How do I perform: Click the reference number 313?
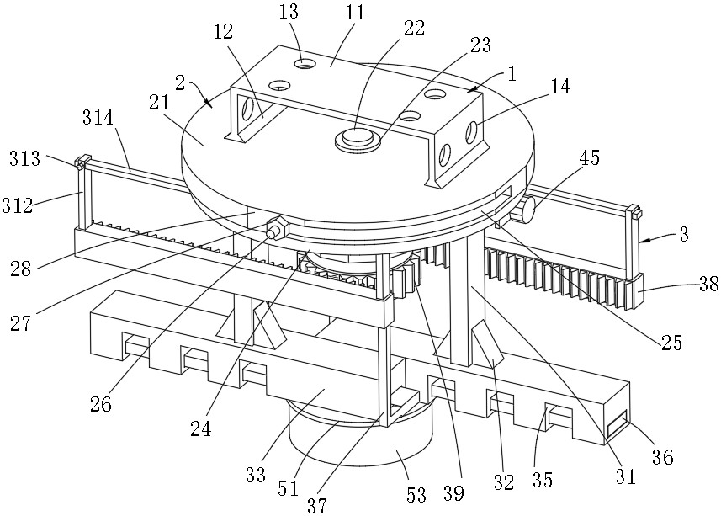click(x=25, y=159)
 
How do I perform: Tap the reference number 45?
click(x=590, y=157)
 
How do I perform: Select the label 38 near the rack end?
click(x=708, y=284)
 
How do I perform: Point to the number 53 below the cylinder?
click(x=416, y=496)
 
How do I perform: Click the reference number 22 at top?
click(x=414, y=29)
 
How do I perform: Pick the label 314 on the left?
click(x=98, y=118)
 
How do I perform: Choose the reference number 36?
click(x=663, y=457)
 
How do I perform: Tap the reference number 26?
click(x=101, y=404)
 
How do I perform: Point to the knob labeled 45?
click(x=524, y=210)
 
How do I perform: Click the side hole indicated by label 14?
click(x=471, y=132)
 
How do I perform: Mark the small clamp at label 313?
click(x=81, y=162)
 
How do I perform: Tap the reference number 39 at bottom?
click(x=453, y=494)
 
